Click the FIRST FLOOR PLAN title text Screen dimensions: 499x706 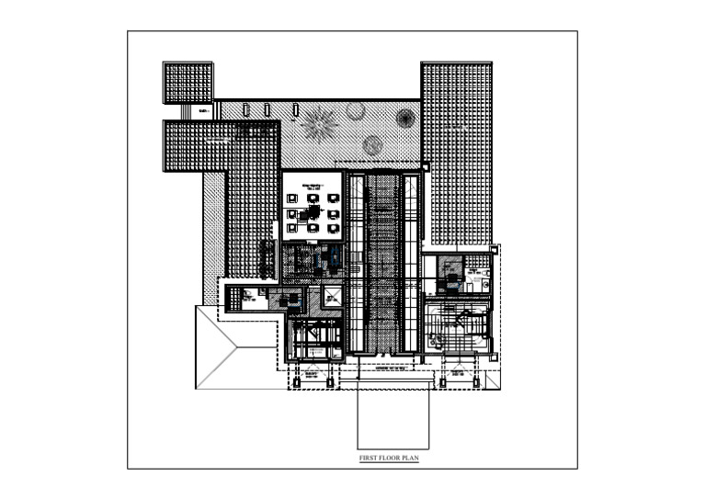388,457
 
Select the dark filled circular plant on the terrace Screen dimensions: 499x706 404,117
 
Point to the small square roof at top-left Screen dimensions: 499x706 188,83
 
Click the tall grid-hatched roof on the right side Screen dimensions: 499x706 456,152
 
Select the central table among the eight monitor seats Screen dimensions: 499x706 313,212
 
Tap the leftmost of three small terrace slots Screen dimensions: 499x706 246,110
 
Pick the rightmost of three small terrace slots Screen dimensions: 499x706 295,110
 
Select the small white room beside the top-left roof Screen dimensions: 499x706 204,110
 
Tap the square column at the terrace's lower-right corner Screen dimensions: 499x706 425,166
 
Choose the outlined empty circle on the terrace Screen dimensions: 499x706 356,111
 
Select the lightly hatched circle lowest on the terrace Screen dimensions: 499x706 372,144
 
